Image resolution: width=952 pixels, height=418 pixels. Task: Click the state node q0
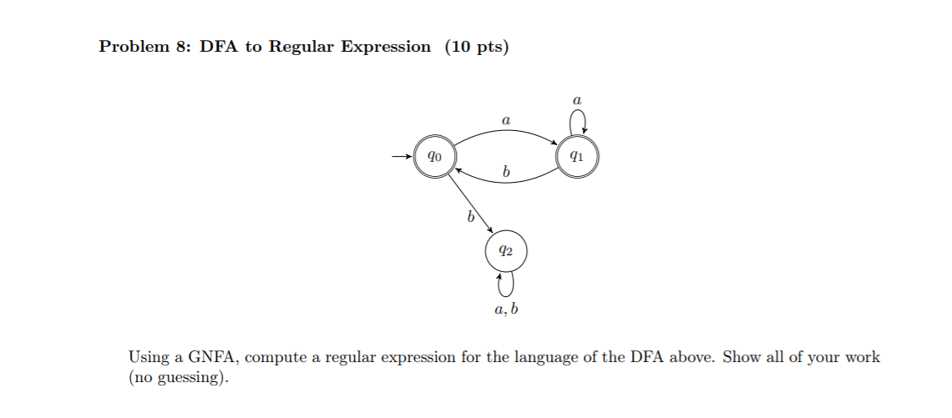[433, 156]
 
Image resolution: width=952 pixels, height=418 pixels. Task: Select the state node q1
[578, 156]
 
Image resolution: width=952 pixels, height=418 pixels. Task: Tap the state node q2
[505, 250]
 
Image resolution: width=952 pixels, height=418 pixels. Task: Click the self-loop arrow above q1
[578, 123]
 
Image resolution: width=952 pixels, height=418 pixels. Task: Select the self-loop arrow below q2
[505, 284]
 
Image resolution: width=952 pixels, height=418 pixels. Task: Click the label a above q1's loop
[577, 99]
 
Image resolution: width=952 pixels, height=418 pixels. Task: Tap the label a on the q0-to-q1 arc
[505, 121]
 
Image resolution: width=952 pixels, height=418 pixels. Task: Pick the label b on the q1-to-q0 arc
[505, 172]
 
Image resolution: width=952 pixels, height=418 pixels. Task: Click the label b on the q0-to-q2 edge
[470, 218]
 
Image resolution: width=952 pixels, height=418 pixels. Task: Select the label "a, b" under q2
[506, 311]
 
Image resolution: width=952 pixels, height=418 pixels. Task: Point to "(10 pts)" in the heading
[476, 48]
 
